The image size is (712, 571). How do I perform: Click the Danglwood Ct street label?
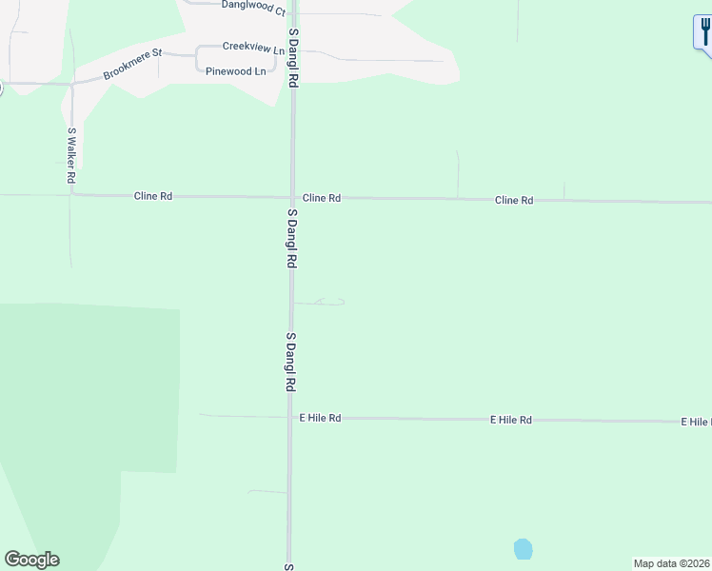(x=253, y=8)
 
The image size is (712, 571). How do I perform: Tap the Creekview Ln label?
(x=253, y=47)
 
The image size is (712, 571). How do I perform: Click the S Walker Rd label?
(x=71, y=155)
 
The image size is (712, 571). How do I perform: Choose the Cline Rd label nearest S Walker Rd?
(x=152, y=196)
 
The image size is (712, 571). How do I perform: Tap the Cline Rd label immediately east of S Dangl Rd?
(x=322, y=198)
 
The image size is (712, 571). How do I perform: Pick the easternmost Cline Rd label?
(x=514, y=201)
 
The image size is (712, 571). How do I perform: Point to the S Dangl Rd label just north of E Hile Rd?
(x=290, y=363)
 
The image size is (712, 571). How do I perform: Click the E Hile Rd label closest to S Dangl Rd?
(x=320, y=418)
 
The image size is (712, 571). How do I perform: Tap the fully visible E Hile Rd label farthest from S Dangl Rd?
(x=511, y=420)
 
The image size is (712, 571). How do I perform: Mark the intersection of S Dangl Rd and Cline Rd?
(x=292, y=198)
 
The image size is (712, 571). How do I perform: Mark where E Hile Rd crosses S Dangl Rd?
(x=289, y=418)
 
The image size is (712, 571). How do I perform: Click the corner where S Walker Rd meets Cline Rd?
(x=72, y=195)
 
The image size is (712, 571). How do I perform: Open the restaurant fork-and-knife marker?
(x=703, y=32)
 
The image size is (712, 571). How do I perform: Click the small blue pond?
(x=523, y=549)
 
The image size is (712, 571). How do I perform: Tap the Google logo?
(x=31, y=560)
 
